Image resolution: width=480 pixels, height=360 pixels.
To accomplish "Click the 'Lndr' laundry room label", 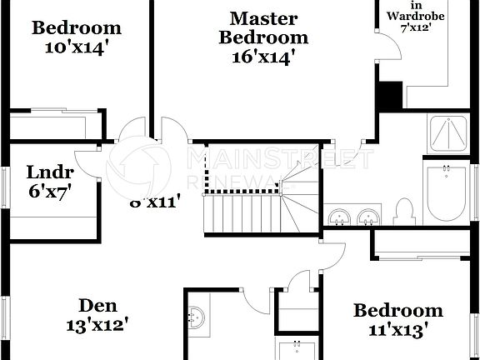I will pos(50,172).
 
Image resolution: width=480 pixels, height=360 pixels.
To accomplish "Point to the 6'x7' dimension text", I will pos(50,190).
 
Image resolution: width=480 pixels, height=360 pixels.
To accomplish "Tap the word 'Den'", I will pos(98,305).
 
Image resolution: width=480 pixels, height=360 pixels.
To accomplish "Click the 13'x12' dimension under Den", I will pos(98,324).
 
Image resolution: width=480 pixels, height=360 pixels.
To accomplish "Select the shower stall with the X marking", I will pos(450,133).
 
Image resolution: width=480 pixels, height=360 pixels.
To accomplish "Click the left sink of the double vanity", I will pos(339,218).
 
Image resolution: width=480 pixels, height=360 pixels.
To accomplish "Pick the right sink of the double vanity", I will pos(367,218).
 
